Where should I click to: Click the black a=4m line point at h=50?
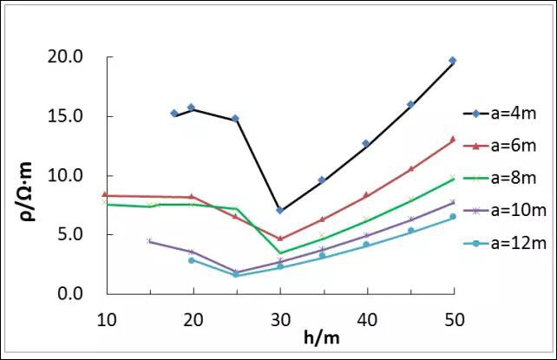453,61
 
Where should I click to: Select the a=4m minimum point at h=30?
279,210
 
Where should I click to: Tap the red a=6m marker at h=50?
453,140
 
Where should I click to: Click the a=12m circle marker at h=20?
192,260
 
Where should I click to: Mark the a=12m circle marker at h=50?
453,217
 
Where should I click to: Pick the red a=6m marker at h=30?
279,239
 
